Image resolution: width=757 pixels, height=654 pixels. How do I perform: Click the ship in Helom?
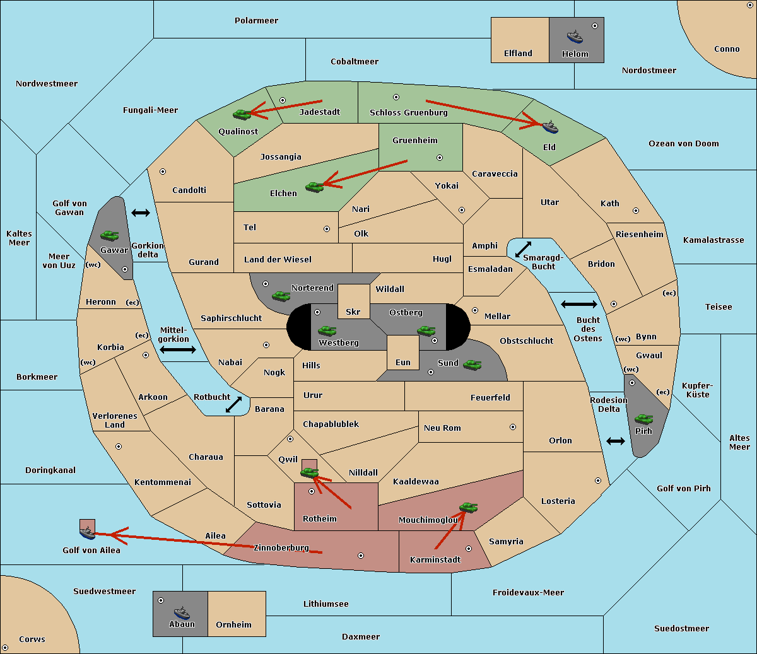click(x=575, y=37)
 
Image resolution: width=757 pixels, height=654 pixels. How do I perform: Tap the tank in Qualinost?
click(x=242, y=115)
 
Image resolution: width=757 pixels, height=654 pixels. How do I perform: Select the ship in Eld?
click(x=550, y=127)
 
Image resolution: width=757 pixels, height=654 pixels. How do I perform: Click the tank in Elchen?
click(x=315, y=187)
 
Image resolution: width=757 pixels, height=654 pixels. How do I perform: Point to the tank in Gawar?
click(x=110, y=235)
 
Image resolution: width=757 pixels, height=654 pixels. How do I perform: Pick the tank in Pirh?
click(x=644, y=419)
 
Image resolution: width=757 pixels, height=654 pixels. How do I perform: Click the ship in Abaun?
click(x=182, y=612)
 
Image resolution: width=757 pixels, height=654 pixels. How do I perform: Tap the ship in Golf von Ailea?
click(x=88, y=532)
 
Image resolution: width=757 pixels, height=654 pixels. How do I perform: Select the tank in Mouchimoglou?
click(x=469, y=507)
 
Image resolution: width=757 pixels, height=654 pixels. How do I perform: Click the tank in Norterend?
click(x=281, y=296)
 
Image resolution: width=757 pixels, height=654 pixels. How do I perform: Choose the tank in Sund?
click(x=472, y=365)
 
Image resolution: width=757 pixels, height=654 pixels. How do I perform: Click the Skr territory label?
click(x=353, y=312)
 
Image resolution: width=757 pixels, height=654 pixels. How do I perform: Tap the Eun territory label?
click(x=403, y=362)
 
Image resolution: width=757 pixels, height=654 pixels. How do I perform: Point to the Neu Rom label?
click(x=442, y=428)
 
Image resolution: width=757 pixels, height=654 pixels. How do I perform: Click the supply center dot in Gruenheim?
click(x=440, y=158)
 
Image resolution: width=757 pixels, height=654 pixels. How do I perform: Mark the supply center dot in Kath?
click(x=636, y=211)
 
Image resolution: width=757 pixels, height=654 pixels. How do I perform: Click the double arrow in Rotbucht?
click(x=233, y=404)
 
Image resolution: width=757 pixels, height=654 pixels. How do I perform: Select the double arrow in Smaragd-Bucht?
click(x=523, y=249)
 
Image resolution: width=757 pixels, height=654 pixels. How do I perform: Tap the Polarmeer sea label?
click(x=256, y=21)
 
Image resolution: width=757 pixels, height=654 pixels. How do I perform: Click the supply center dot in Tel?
click(x=327, y=229)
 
